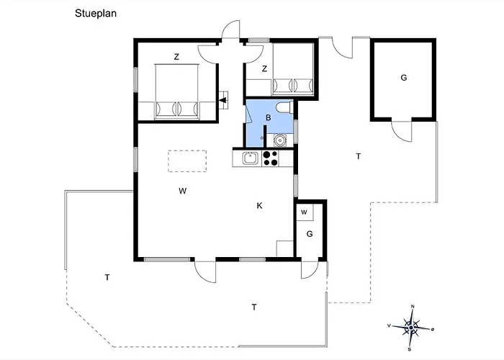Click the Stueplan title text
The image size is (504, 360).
[96, 14]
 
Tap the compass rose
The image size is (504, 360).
[411, 328]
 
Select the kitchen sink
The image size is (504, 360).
[249, 158]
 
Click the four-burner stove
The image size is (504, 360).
[270, 158]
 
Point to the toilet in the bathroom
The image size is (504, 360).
[285, 107]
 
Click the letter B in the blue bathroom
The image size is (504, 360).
[269, 117]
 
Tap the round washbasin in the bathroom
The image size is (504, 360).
[279, 140]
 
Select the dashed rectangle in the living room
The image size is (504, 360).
[187, 161]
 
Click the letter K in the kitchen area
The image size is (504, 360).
[259, 206]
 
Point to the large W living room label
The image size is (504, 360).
[183, 191]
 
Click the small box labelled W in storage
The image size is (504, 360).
[305, 212]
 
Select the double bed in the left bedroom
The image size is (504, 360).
[176, 91]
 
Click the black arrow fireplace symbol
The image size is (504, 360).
[223, 101]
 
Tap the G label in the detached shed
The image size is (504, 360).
[404, 78]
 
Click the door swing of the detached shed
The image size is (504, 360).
[402, 131]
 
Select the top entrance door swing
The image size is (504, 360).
[230, 30]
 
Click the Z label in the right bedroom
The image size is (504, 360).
[264, 69]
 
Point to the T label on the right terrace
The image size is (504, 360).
[359, 156]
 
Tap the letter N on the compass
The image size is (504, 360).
[413, 306]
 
